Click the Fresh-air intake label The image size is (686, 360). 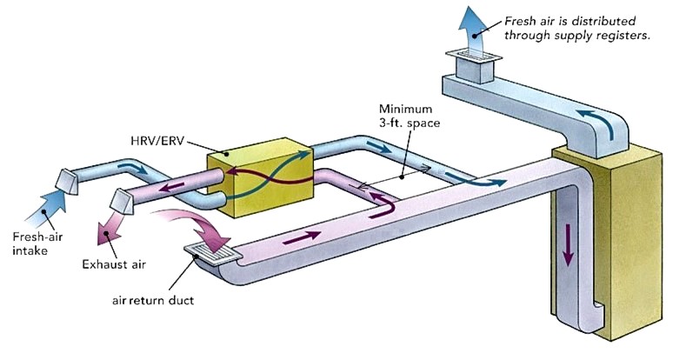tap(34, 241)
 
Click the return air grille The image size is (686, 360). tap(213, 254)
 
